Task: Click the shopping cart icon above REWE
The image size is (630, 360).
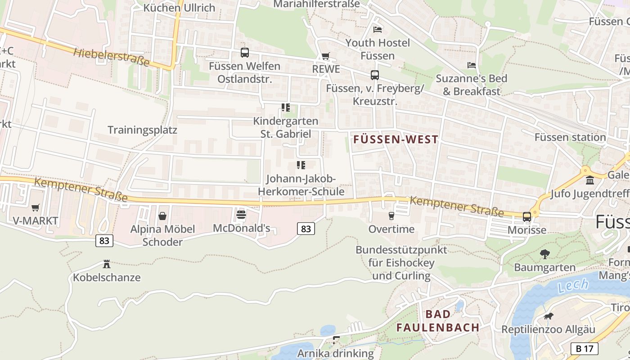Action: point(325,56)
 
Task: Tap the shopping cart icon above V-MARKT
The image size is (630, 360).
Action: point(35,207)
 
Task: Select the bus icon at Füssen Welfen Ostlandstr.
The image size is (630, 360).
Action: point(244,53)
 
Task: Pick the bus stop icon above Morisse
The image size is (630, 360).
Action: point(526,216)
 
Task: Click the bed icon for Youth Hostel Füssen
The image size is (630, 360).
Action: point(378,30)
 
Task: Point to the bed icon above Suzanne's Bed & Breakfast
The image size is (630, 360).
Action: point(471,65)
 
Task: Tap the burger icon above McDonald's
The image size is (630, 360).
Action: point(241,215)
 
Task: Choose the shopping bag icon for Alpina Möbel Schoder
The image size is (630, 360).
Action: point(162,216)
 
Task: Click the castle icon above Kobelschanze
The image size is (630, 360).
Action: point(107,264)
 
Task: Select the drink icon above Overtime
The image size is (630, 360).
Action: point(391,216)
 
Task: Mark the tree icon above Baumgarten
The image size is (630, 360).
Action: point(544,254)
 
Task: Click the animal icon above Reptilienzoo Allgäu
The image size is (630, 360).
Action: point(548,316)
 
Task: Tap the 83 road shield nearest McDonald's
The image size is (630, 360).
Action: point(306,229)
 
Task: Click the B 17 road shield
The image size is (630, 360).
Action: point(584,348)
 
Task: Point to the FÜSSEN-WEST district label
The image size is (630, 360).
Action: point(396,139)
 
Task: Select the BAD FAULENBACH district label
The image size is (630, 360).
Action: point(438,321)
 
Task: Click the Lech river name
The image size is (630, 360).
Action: point(572,285)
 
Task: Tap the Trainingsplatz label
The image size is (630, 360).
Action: point(142,130)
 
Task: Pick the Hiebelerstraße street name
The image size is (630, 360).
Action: point(111,57)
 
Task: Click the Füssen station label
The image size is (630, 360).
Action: point(570,137)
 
